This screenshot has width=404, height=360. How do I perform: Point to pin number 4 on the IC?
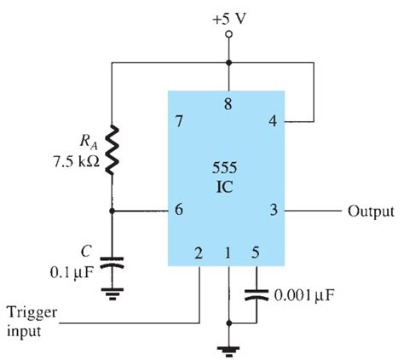pos(273,122)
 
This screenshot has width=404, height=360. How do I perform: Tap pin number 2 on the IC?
pos(198,253)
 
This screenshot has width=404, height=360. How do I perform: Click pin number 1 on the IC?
pos(228,253)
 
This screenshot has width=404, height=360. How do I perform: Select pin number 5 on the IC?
pos(253,253)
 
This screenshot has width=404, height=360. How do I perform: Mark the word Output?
pos(368,212)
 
